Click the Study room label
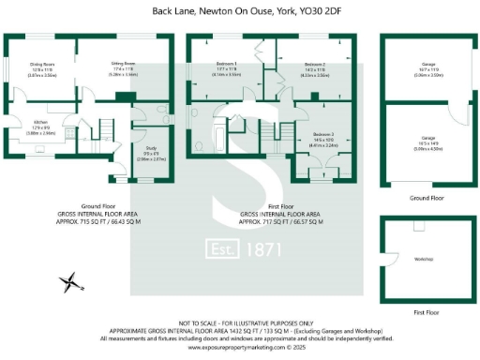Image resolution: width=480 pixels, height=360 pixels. click(151, 155)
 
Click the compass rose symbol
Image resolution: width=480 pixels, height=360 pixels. click(68, 279)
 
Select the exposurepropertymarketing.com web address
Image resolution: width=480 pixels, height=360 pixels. click(231, 346)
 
